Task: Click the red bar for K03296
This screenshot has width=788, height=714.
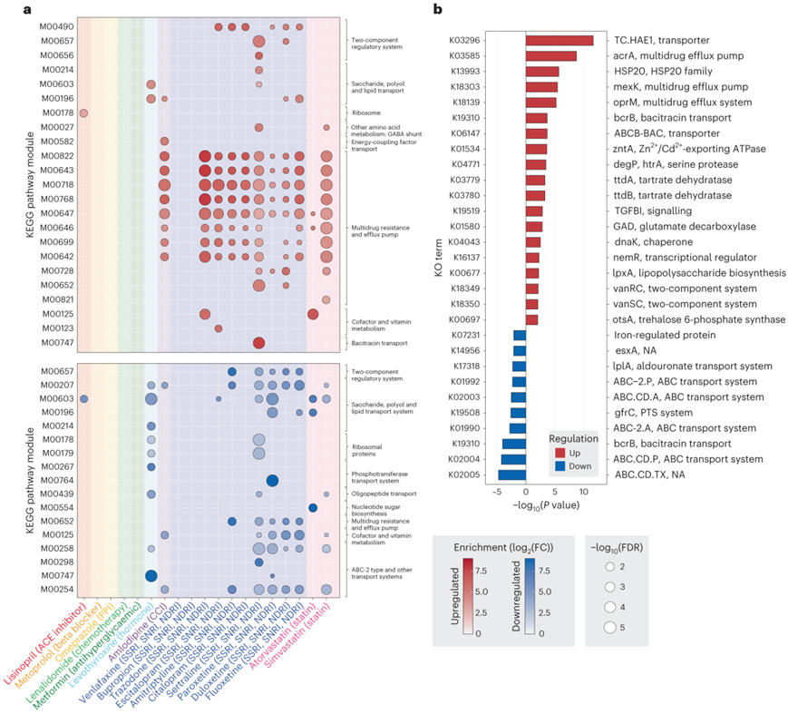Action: coord(559,40)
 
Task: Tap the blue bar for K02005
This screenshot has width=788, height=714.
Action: coord(511,474)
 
